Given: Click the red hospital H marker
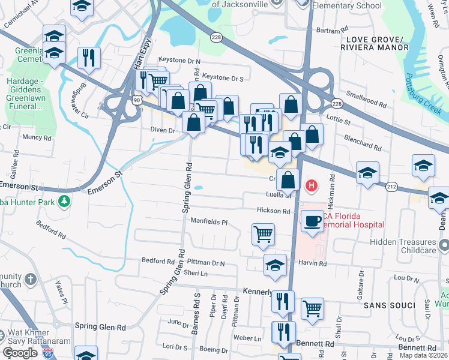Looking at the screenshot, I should [311, 186].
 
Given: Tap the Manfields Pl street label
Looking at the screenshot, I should [209, 222].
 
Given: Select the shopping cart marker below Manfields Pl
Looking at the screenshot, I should [263, 233].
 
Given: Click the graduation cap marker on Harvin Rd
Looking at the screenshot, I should [275, 264].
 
